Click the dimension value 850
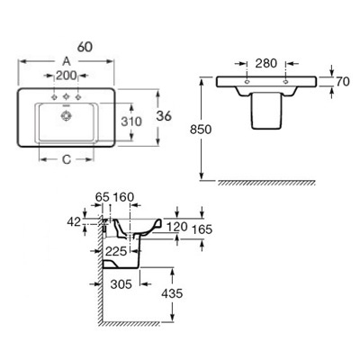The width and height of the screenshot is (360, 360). coord(201,130)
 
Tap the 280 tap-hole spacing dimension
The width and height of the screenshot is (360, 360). coord(266,63)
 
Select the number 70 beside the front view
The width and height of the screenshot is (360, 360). coord(343,82)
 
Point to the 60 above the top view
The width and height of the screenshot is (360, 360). coord(85,47)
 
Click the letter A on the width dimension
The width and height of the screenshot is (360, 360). coord(67,61)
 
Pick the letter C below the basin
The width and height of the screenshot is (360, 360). coord(67,159)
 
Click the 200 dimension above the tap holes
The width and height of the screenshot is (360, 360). coord(67,76)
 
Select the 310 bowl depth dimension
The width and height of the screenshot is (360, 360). coord(131,121)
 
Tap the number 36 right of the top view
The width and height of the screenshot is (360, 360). coord(164,116)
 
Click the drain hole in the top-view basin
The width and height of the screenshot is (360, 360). coord(65,115)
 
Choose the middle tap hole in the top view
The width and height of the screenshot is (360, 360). coord(66,97)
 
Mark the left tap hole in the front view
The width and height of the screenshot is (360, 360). coord(247,82)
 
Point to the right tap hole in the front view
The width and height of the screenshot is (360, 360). coord(285,82)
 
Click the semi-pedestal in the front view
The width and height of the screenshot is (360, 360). coord(266,111)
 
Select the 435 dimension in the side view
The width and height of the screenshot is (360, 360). coord(172,293)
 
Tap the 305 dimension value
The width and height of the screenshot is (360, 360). coord(121,283)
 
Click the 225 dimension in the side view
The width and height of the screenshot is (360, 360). coord(116,251)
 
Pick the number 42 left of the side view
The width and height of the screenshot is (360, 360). coord(74,222)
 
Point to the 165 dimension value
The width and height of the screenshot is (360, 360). coord(202,229)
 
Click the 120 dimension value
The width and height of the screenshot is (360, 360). coord(176,227)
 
